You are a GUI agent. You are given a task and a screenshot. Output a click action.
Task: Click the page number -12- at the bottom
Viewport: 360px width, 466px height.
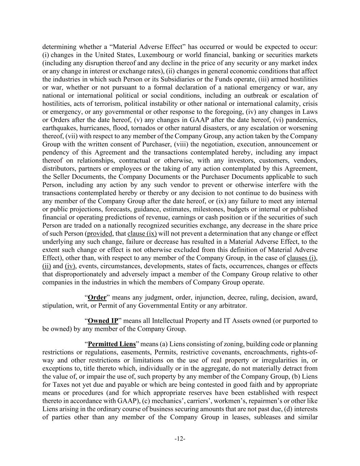[180, 439]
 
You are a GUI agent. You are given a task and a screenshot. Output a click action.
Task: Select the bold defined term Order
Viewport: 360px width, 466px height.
[97, 297]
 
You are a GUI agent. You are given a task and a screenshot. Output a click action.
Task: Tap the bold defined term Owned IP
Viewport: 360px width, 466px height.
[103, 321]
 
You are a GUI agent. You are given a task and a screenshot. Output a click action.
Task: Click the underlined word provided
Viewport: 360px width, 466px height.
[100, 234]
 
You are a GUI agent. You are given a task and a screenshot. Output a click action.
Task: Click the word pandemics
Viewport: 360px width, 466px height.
[303, 120]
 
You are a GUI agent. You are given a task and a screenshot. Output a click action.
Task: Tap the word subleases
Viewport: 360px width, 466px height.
[267, 417]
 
